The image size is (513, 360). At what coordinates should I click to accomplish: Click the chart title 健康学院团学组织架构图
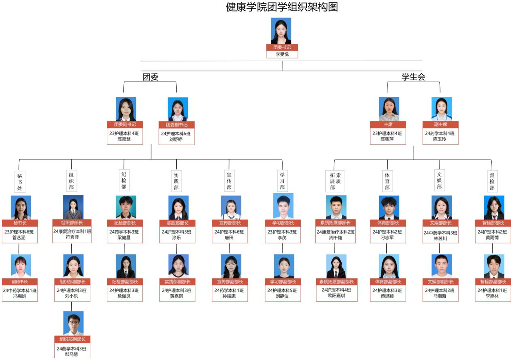click(x=282, y=7)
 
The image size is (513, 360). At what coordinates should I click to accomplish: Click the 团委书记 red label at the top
click(x=281, y=48)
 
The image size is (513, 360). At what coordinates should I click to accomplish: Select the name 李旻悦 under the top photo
click(x=282, y=54)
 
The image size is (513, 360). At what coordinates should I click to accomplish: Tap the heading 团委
click(x=150, y=77)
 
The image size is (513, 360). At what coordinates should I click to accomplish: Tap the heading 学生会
click(x=413, y=77)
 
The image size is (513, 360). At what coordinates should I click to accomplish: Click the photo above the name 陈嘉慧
click(x=126, y=109)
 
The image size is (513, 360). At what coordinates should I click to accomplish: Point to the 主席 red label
click(x=388, y=125)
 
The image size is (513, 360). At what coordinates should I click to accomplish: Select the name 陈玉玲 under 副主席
click(x=439, y=139)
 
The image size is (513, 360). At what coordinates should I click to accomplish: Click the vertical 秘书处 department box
click(x=19, y=182)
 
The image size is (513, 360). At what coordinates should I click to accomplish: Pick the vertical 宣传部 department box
click(x=229, y=181)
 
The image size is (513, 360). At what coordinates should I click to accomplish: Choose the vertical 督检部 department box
click(x=492, y=181)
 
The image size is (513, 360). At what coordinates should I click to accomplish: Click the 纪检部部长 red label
click(x=124, y=223)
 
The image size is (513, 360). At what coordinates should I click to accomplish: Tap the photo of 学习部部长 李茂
click(x=283, y=206)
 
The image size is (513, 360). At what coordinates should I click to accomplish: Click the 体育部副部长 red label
click(x=388, y=282)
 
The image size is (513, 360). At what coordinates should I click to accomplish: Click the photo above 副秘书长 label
click(x=21, y=266)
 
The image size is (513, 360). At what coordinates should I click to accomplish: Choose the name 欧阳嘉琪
click(x=335, y=296)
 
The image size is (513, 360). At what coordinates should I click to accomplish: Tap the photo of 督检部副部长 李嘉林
click(x=494, y=266)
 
